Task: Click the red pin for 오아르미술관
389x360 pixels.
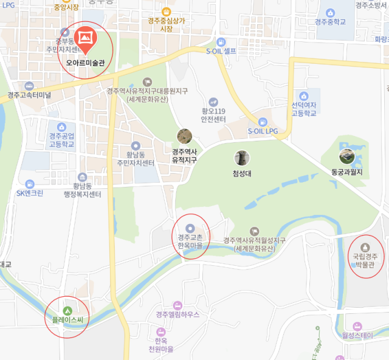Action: tap(85, 38)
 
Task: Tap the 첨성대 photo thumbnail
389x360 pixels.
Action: tap(242, 158)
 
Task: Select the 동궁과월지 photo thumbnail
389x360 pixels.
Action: tap(347, 156)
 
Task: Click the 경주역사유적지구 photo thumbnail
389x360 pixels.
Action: tap(184, 136)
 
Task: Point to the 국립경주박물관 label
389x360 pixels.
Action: tap(365, 260)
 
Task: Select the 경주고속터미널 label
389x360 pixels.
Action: tap(30, 95)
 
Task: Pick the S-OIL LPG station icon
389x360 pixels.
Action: tap(263, 121)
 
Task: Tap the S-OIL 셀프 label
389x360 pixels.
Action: tap(221, 51)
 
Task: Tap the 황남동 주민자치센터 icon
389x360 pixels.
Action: tap(136, 146)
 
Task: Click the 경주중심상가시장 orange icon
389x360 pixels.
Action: tap(167, 10)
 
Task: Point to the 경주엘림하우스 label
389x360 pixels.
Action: tap(177, 314)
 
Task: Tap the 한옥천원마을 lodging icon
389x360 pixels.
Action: tap(160, 332)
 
